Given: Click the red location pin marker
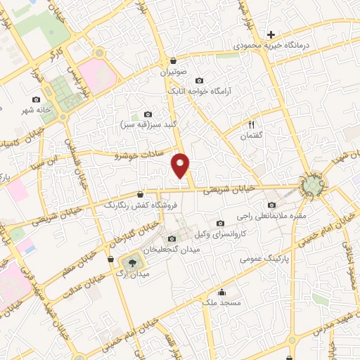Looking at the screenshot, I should [181, 165].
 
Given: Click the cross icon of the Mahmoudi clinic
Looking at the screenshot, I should [271, 34].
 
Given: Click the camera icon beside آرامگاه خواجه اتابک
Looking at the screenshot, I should [199, 80].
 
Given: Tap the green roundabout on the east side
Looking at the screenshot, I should [312, 186].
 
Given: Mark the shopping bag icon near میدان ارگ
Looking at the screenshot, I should [110, 259].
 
